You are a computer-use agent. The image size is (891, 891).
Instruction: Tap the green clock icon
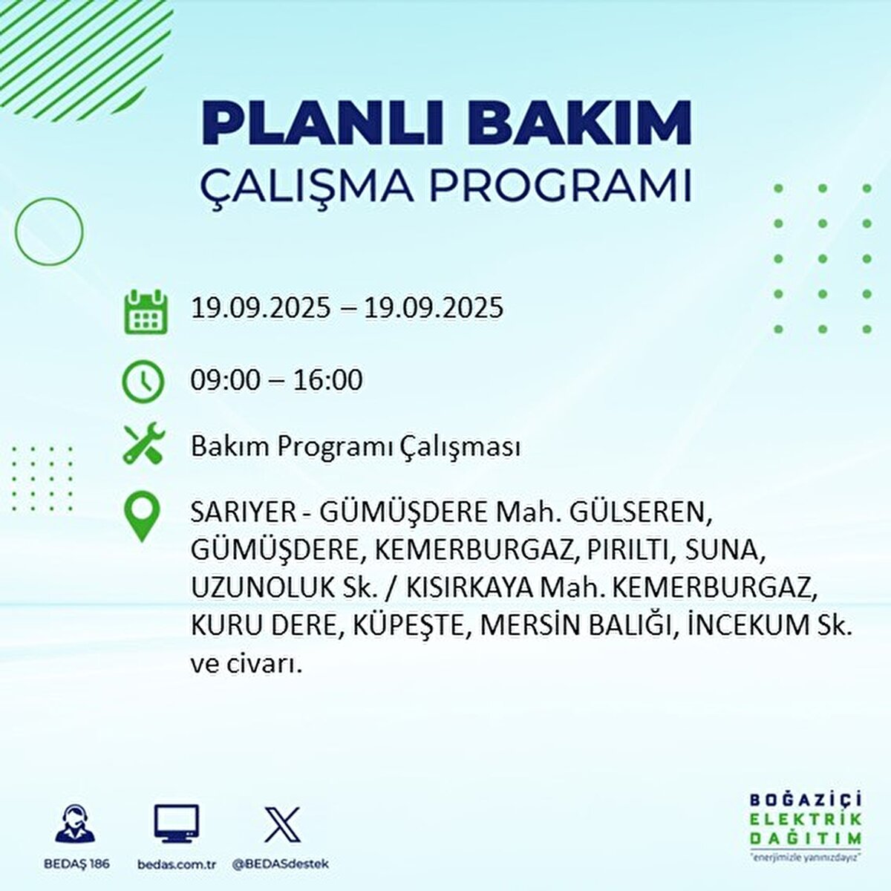(143, 382)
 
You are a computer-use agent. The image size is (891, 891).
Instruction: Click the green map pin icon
(142, 518)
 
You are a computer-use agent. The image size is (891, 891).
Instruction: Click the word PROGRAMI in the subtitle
(561, 186)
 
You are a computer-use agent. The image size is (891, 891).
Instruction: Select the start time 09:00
(225, 381)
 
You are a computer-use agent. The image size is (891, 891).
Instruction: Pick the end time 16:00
(327, 381)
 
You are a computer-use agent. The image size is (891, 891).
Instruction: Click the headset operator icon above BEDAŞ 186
(76, 825)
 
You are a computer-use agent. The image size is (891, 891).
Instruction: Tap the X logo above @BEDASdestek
(282, 824)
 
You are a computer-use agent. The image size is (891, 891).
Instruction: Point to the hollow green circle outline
(49, 231)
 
